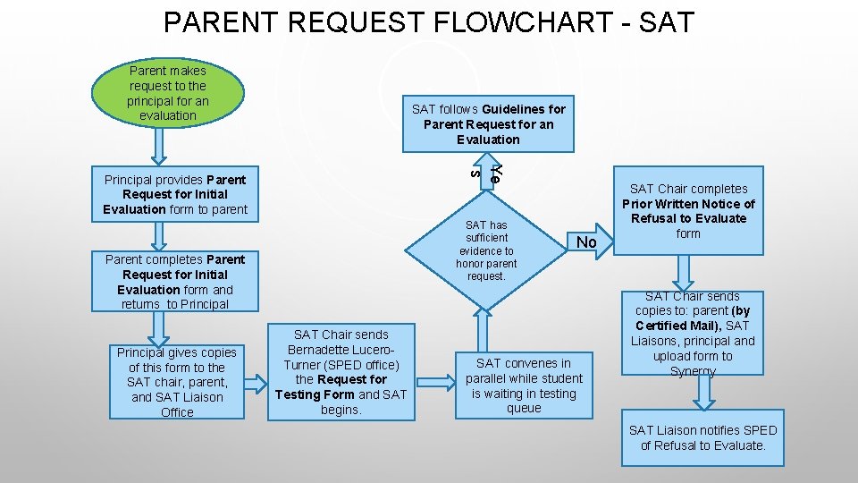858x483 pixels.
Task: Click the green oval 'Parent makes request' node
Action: click(x=168, y=92)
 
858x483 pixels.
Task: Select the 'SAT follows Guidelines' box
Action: click(x=488, y=123)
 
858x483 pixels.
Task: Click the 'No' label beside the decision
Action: click(x=586, y=242)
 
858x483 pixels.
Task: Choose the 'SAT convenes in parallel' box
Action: click(x=524, y=385)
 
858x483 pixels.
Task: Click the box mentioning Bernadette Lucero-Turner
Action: click(x=341, y=371)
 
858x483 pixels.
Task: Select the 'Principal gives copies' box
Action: click(x=177, y=382)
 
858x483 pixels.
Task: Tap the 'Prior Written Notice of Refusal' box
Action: click(x=688, y=211)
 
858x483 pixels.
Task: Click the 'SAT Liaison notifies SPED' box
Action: click(x=703, y=437)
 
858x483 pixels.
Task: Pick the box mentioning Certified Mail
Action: click(x=693, y=333)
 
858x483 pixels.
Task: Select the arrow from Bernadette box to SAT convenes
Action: click(x=436, y=382)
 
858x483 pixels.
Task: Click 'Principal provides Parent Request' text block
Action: click(x=174, y=194)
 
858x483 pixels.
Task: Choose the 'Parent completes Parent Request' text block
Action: click(x=174, y=282)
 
